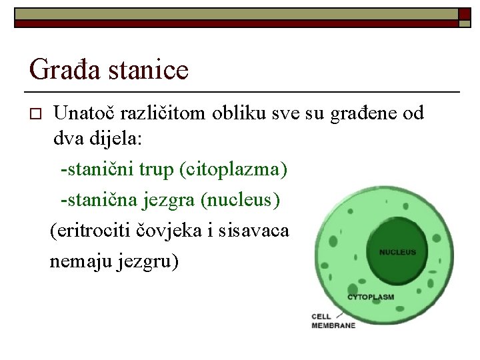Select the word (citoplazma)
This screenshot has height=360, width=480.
[233, 170]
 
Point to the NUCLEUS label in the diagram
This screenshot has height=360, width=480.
[397, 253]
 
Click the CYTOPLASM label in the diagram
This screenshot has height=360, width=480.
[371, 297]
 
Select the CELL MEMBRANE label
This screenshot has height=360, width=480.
[333, 321]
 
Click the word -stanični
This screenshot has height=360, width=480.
[97, 170]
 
